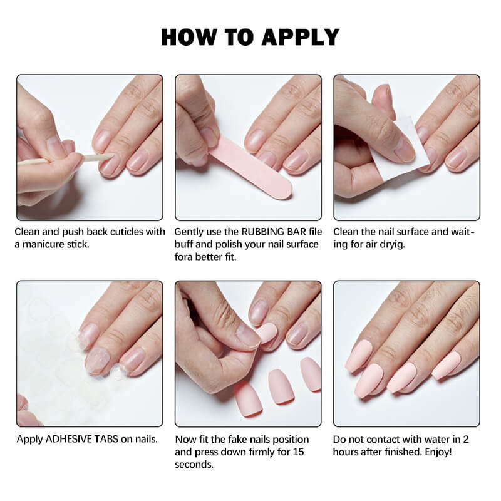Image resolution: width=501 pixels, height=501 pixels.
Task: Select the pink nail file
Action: [250, 169]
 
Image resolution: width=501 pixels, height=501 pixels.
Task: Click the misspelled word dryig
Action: [392, 244]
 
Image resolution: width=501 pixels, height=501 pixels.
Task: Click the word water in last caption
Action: [433, 439]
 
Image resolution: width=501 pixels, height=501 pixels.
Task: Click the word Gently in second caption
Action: [190, 232]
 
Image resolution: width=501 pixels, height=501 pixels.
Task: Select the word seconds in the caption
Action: [194, 465]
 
